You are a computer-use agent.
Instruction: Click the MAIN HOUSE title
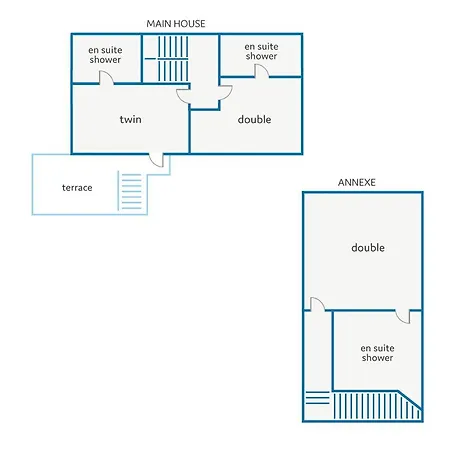[x=176, y=24]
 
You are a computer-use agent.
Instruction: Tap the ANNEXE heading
[x=357, y=182]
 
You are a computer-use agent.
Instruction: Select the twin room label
[x=131, y=119]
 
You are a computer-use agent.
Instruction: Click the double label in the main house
[x=254, y=119]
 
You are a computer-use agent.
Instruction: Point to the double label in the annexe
[x=368, y=247]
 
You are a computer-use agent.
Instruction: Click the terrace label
[x=77, y=188]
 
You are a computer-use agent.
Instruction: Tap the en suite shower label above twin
[x=105, y=55]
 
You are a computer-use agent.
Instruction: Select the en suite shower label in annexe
[x=377, y=353]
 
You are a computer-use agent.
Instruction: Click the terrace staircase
[x=130, y=191]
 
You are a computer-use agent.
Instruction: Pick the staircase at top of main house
[x=173, y=59]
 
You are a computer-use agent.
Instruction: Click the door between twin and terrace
[x=156, y=160]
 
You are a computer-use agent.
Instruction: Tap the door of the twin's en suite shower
[x=106, y=77]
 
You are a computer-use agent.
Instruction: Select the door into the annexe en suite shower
[x=403, y=317]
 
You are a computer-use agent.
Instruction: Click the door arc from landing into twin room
[x=183, y=96]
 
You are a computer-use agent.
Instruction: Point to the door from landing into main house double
[x=225, y=93]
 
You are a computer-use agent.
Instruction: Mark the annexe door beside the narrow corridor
[x=318, y=304]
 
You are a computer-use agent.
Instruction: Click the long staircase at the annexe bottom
[x=377, y=406]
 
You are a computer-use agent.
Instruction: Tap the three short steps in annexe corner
[x=318, y=398]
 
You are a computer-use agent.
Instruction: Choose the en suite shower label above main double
[x=261, y=51]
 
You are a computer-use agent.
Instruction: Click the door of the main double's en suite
[x=262, y=71]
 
